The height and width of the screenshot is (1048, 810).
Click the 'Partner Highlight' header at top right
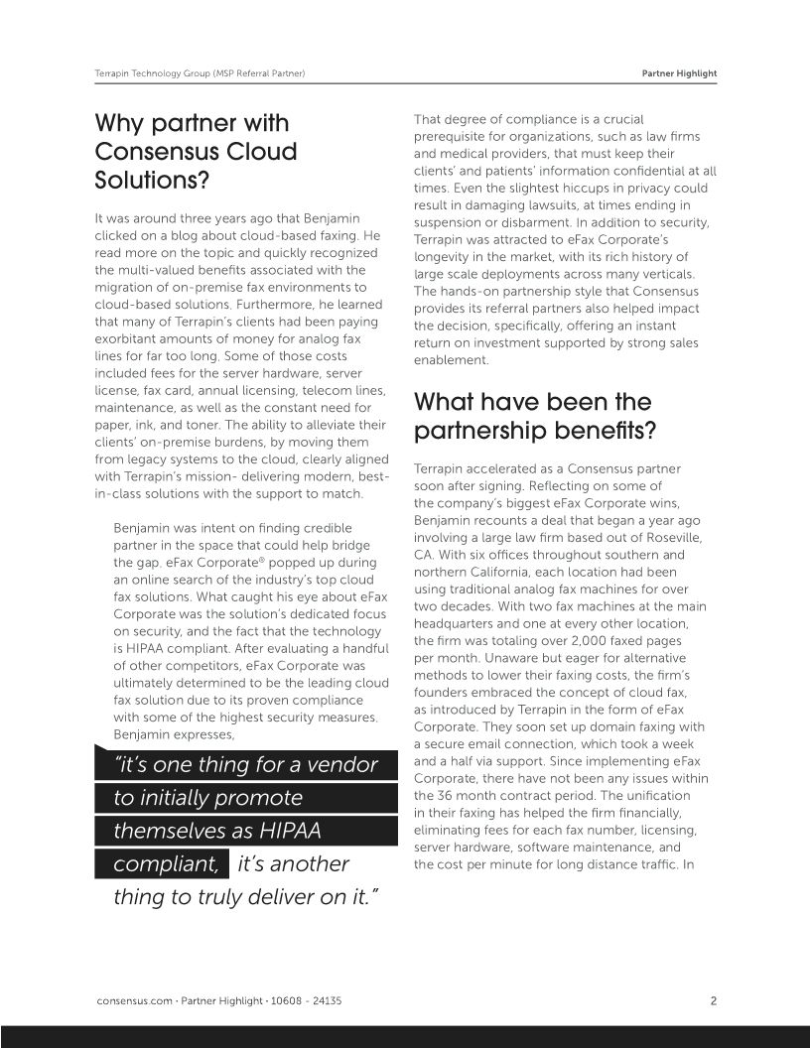pos(679,73)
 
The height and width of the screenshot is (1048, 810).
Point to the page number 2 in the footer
pos(713,1000)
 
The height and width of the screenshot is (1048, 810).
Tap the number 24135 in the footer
pos(324,1000)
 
